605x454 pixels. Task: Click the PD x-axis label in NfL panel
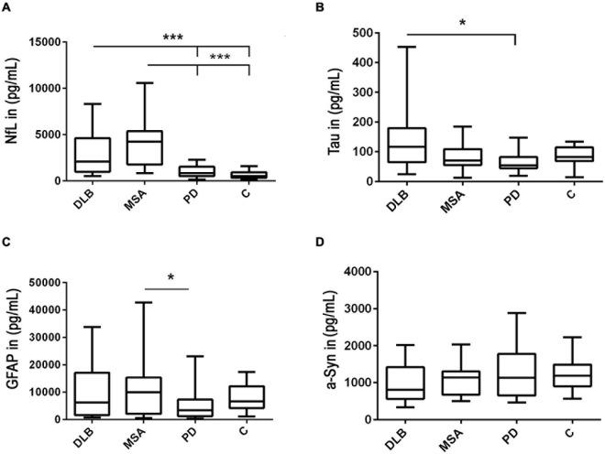click(198, 196)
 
